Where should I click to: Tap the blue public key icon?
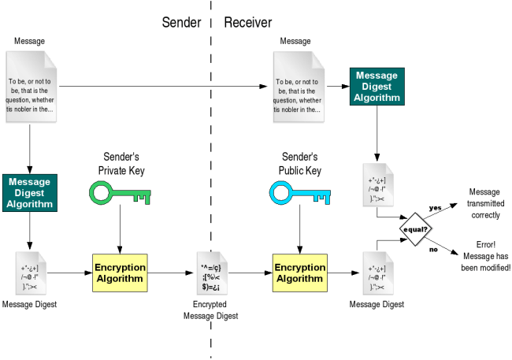coord(299,192)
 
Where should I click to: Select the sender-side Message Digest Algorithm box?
coord(30,193)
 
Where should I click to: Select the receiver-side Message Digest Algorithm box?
coord(377,87)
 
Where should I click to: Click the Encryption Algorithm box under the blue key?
coord(299,273)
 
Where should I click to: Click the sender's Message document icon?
coord(31,86)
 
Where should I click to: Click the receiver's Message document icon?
coord(298,86)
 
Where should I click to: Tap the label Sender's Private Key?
coord(118,163)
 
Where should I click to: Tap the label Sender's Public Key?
coord(299,163)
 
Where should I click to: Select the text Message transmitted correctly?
coord(483,202)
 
